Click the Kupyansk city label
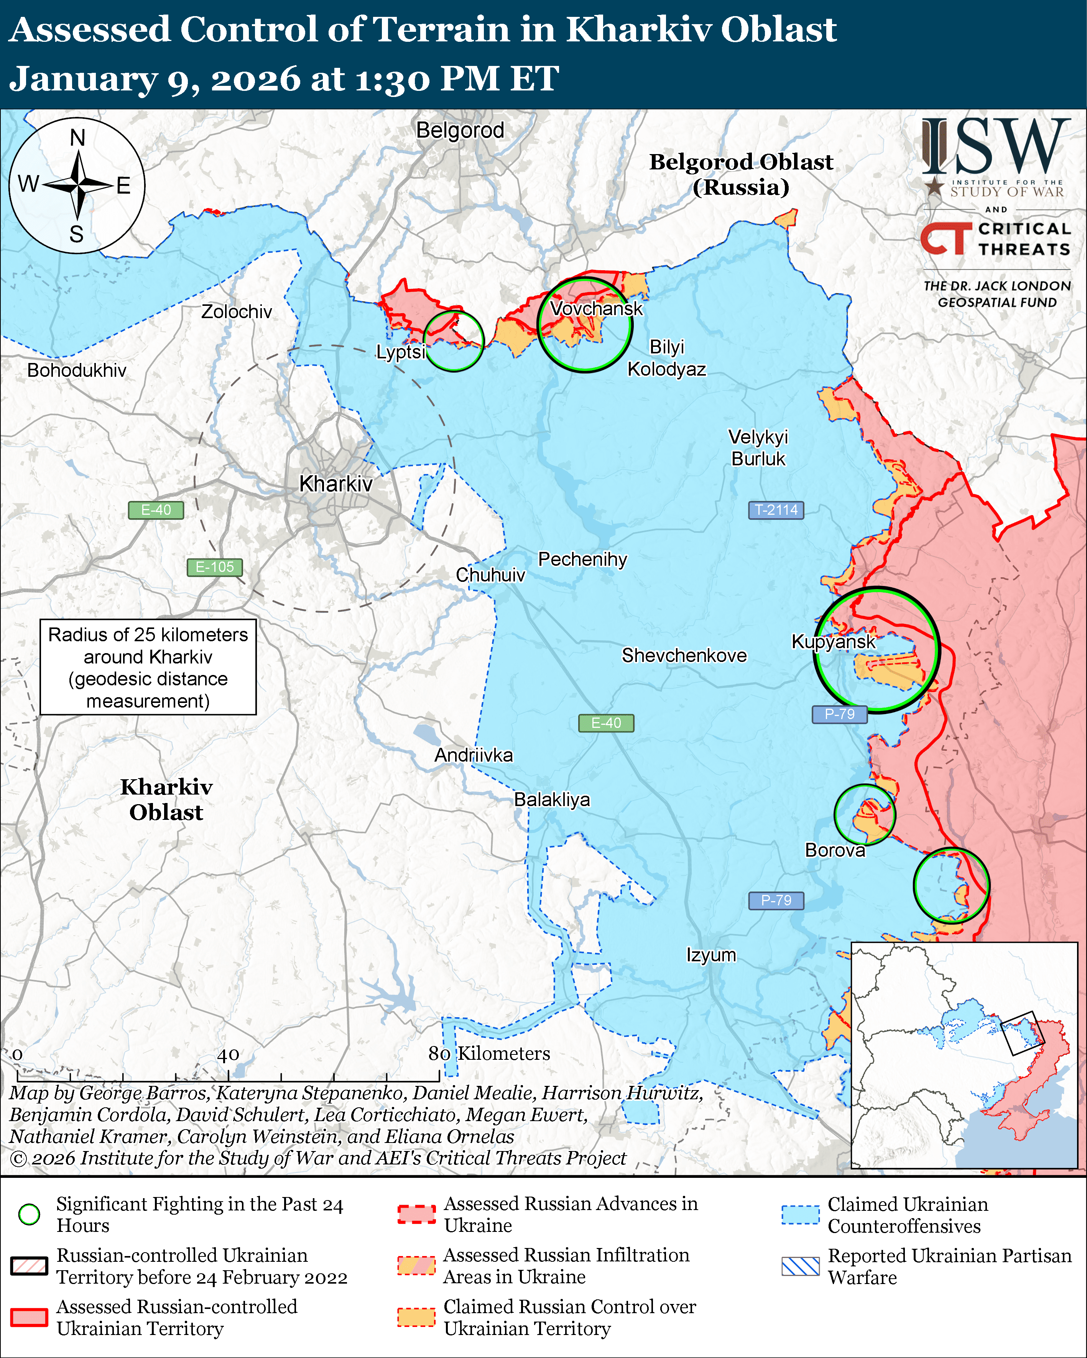(833, 642)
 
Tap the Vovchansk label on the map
(596, 309)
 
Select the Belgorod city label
(460, 130)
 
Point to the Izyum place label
(711, 955)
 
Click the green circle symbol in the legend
(30, 1214)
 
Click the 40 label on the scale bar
(228, 1054)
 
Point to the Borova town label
(835, 850)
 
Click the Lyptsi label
(400, 352)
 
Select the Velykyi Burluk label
(758, 447)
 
